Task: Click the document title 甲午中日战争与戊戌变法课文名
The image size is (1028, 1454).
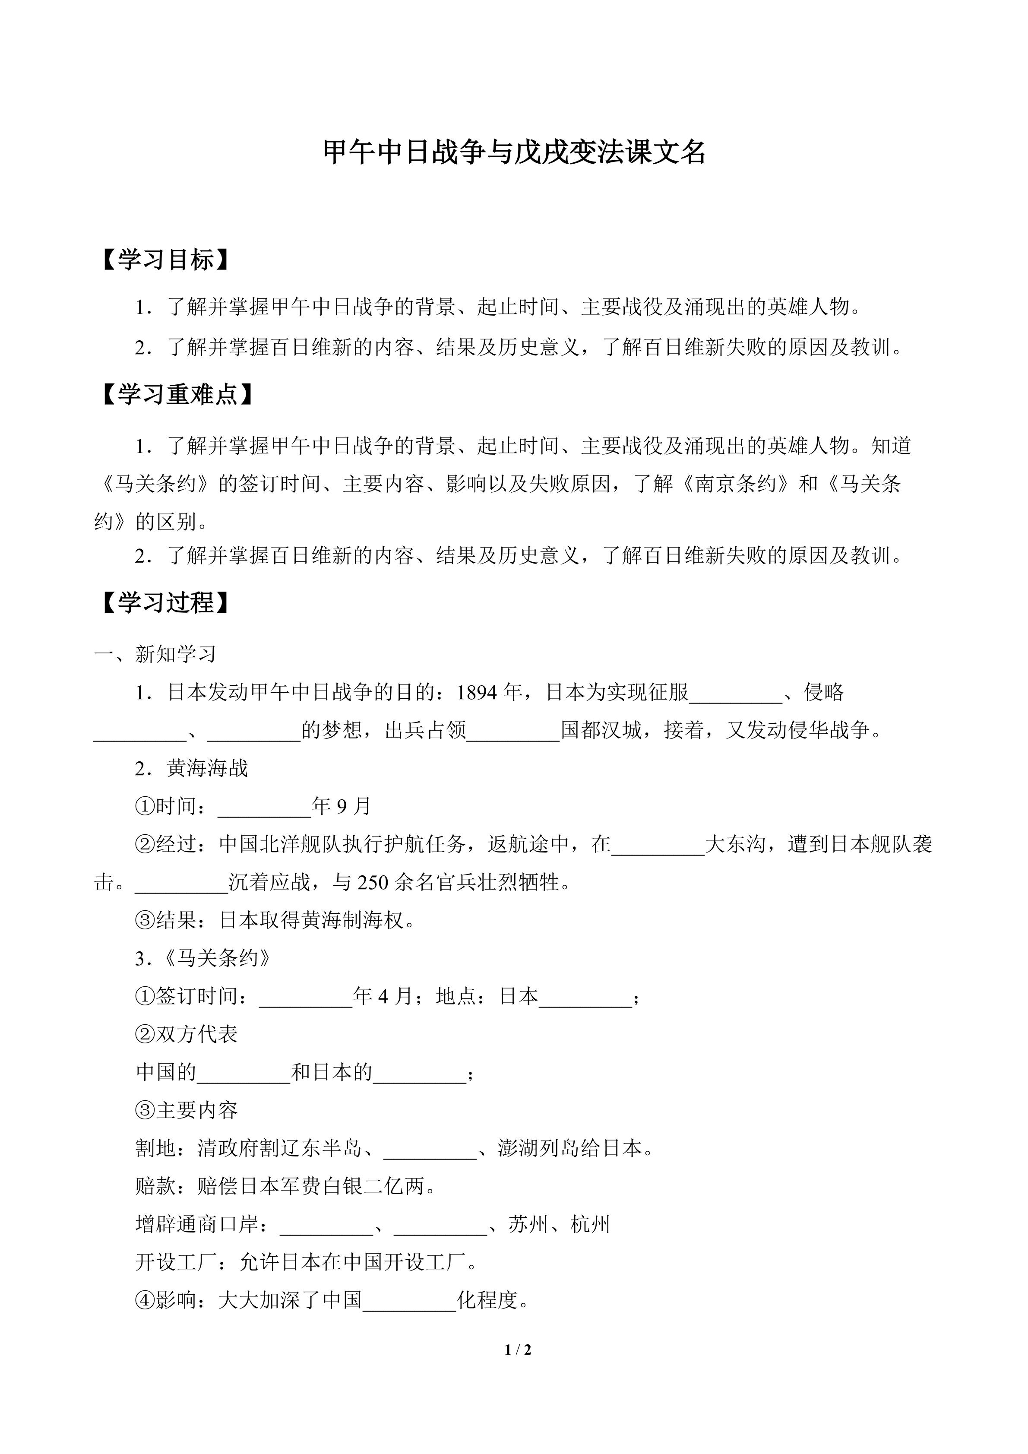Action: click(514, 152)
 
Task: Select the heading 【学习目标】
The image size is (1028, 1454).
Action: click(166, 260)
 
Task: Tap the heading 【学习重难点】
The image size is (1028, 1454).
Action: click(178, 395)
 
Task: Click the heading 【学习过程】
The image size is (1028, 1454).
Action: click(166, 602)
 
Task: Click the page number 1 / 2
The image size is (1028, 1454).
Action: click(518, 1349)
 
